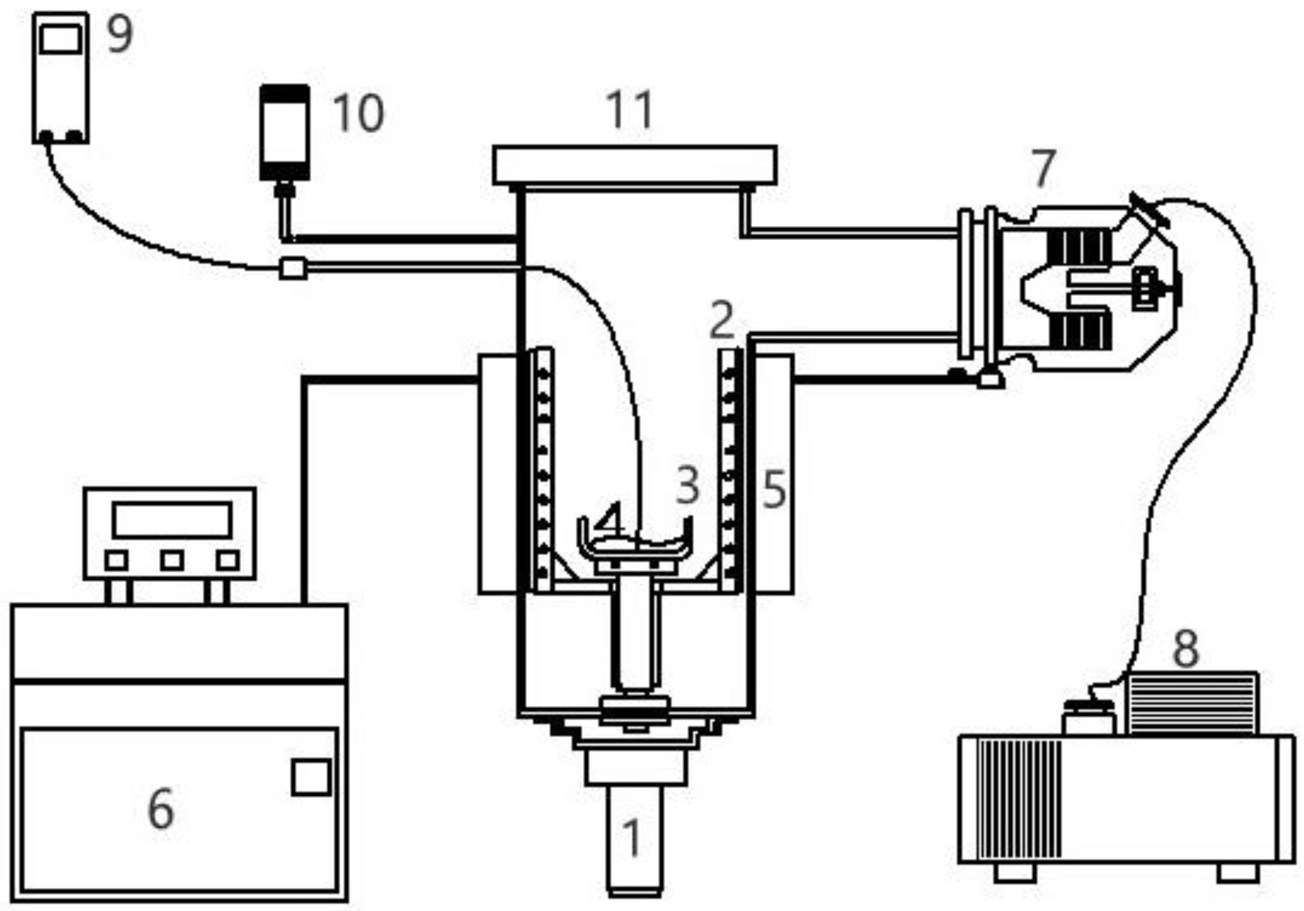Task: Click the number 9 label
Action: [120, 34]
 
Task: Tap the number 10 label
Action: [358, 113]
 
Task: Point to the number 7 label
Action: [1043, 169]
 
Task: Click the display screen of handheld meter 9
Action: [61, 40]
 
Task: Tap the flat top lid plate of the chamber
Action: [635, 165]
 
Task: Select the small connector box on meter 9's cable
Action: [293, 268]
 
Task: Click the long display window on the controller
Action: [172, 519]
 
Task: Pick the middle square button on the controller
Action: [172, 560]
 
